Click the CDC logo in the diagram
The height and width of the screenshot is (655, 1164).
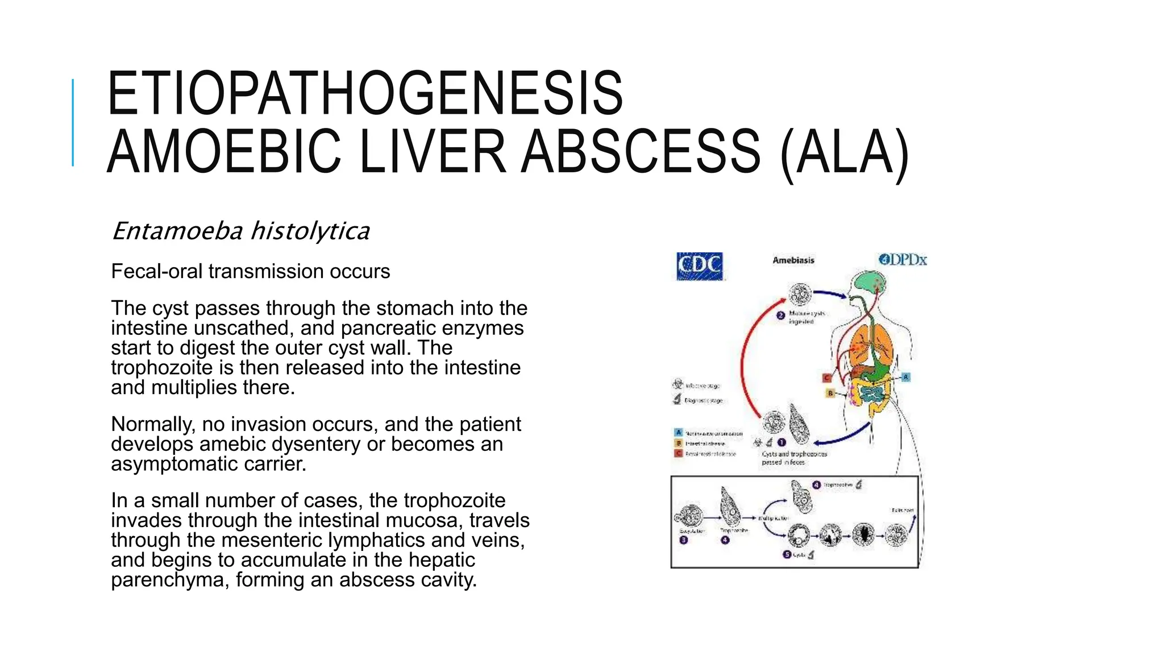pos(700,266)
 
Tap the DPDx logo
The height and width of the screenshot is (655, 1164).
pos(903,260)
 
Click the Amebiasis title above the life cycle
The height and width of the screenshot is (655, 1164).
pos(793,260)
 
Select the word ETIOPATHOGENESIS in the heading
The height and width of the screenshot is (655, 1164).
pos(365,93)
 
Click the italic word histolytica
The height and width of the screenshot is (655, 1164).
pos(310,231)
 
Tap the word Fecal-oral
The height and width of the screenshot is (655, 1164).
pos(157,272)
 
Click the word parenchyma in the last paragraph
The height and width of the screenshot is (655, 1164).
pos(170,580)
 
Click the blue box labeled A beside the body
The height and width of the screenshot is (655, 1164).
pos(906,377)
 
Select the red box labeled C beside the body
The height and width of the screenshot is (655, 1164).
pos(828,378)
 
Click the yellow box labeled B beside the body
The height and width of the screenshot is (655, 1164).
pos(830,393)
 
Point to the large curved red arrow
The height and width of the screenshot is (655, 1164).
pos(746,364)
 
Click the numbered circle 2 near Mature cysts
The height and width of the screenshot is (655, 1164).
pos(780,316)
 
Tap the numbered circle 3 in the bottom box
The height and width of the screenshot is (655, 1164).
pos(684,540)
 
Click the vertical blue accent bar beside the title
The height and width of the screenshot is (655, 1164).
pos(73,123)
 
